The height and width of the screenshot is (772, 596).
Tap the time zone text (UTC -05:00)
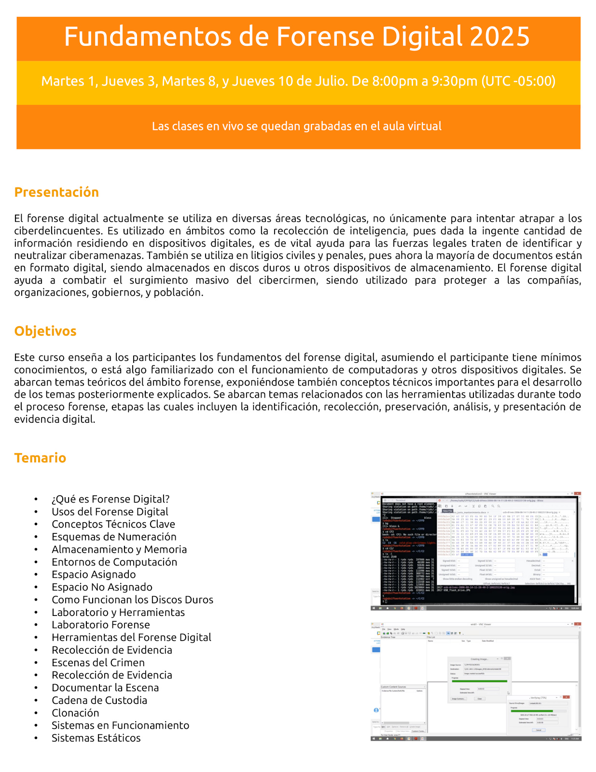[518, 81]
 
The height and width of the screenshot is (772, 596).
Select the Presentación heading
[56, 192]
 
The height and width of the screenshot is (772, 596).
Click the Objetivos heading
[45, 331]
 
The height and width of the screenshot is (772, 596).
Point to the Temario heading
[40, 458]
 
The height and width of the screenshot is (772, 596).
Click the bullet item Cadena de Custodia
[99, 701]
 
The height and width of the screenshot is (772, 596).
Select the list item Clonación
[75, 713]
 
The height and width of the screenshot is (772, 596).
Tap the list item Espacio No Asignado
[102, 587]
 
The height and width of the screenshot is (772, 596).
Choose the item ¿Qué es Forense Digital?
[111, 500]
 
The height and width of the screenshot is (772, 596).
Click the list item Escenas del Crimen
[98, 663]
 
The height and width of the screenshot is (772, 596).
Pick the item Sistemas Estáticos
[96, 738]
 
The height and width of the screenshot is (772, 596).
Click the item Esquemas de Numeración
[114, 537]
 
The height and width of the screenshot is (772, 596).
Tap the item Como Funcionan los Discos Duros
[132, 600]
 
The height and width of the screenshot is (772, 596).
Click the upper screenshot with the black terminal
[476, 551]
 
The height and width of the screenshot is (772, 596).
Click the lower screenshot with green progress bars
[476, 681]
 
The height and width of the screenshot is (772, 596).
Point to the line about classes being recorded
[297, 127]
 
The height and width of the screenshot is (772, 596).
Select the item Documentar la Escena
[105, 688]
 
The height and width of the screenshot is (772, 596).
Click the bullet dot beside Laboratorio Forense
[36, 625]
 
